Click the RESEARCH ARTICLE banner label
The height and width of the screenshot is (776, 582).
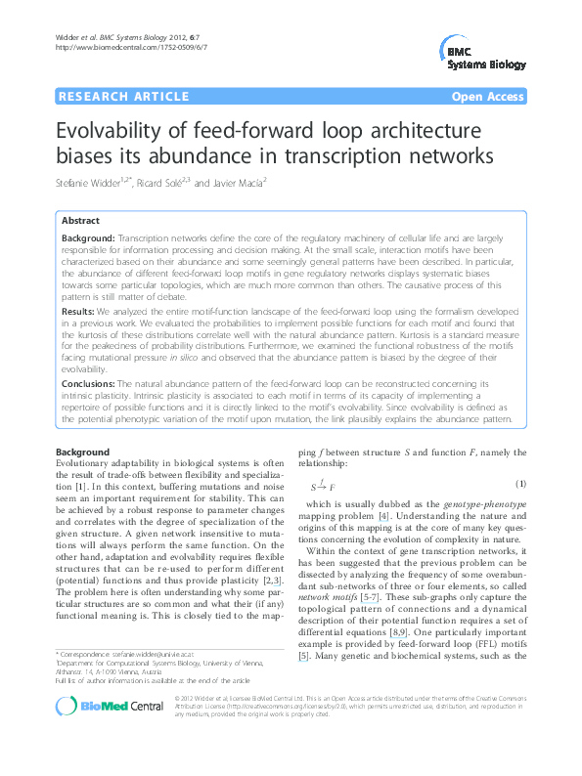tap(123, 97)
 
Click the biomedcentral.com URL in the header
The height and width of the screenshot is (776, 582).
tap(131, 47)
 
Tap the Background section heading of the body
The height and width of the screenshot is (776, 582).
tap(82, 452)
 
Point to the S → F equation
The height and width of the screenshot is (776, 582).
tap(323, 485)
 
